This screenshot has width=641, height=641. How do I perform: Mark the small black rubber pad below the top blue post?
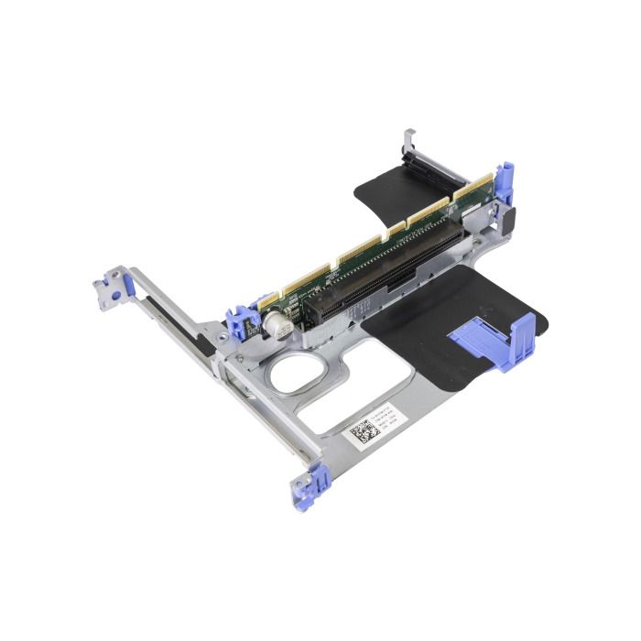511,220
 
